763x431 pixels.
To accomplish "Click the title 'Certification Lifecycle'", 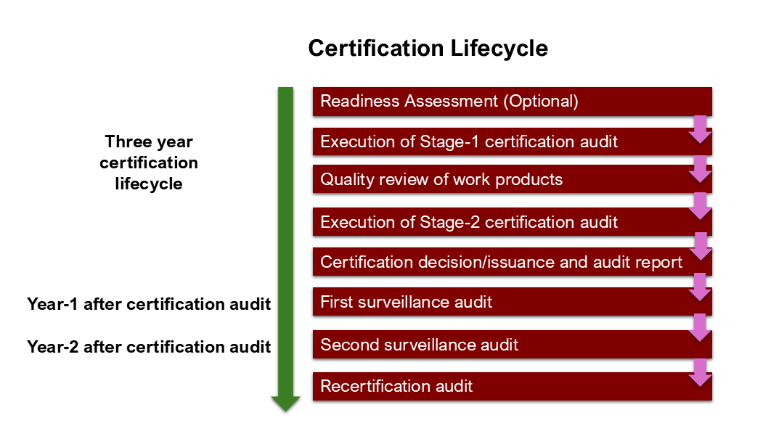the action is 428,49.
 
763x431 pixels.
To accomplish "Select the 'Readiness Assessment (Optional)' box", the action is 513,101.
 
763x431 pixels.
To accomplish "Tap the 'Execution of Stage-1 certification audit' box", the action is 513,141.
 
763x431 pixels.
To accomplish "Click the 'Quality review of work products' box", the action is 513,179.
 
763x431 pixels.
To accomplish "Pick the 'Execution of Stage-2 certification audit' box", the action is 513,222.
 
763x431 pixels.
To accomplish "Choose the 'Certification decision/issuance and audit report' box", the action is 513,262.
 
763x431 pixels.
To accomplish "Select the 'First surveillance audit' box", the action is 513,302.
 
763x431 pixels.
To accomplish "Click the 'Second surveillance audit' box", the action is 513,345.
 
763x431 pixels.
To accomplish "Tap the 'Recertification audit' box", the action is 513,386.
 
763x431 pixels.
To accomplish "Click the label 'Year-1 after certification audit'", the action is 149,304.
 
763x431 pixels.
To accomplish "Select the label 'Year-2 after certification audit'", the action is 149,347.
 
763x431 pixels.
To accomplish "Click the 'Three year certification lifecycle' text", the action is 149,163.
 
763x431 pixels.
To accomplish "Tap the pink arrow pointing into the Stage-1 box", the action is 701,130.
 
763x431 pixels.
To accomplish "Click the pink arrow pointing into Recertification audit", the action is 701,373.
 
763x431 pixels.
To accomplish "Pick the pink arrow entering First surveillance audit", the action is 701,287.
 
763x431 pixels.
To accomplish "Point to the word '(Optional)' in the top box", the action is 541,101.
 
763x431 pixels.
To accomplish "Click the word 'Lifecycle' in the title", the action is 499,49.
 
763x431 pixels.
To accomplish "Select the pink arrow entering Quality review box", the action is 701,170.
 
